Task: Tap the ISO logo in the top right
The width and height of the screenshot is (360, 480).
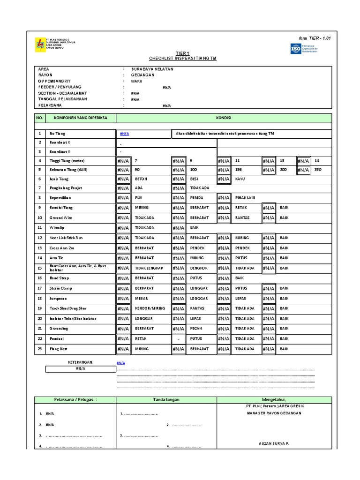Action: pos(296,48)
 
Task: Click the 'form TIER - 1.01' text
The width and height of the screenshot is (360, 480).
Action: pos(314,38)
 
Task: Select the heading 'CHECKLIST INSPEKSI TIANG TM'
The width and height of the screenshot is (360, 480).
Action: pos(183,59)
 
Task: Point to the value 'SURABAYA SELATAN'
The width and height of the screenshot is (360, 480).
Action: pos(152,69)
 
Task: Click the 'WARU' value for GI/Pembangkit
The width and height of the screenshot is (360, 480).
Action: pos(137,81)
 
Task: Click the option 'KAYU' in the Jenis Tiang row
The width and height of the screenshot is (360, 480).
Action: pos(240,179)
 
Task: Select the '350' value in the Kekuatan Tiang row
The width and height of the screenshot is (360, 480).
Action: pos(318,169)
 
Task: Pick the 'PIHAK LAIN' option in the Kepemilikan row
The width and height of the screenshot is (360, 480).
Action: pos(245,198)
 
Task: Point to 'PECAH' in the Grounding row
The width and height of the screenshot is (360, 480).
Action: pos(196,329)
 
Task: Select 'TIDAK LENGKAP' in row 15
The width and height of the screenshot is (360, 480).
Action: pos(149,268)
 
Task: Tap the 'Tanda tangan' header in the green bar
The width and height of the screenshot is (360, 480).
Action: pos(166,399)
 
